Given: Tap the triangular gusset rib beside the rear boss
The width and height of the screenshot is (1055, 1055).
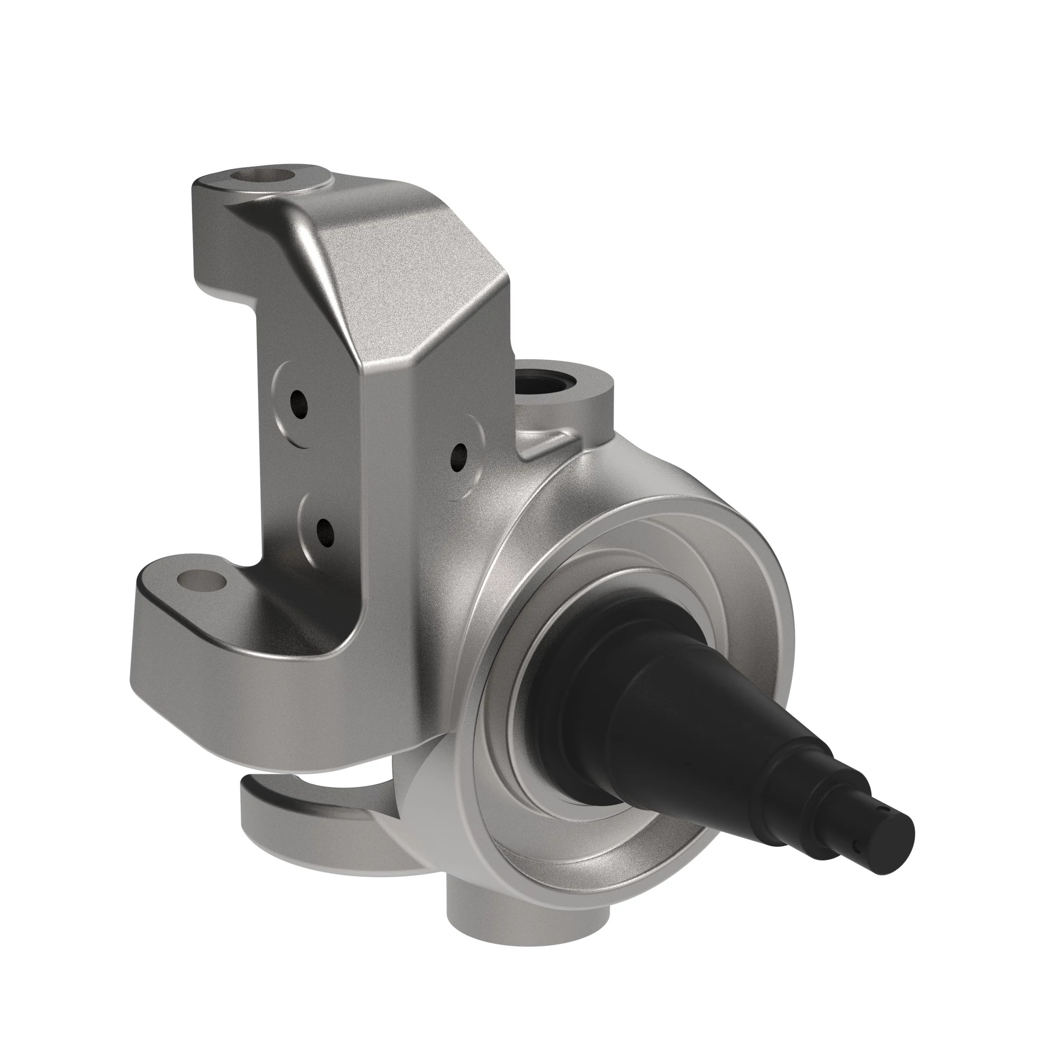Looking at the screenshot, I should point(546,445).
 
